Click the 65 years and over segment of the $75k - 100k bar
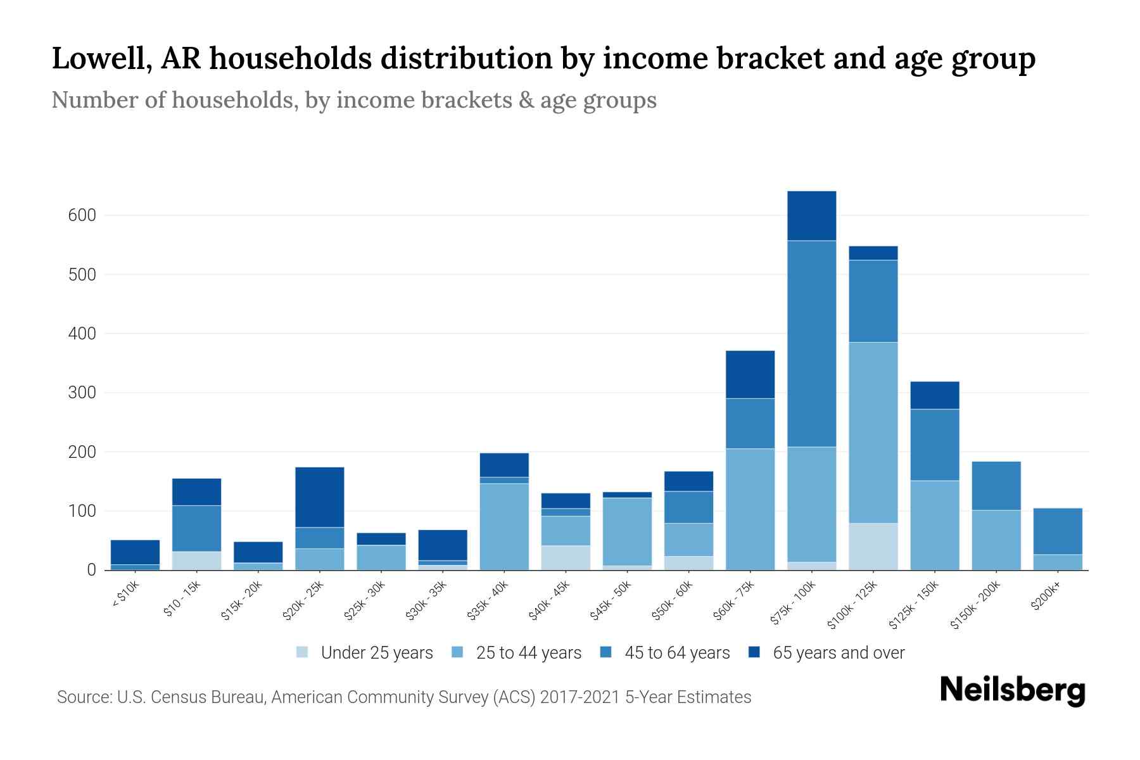(811, 215)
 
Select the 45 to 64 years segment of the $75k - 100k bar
(811, 343)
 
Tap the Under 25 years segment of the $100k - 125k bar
(873, 546)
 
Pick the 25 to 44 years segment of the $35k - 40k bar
(504, 526)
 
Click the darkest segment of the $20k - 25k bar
(319, 497)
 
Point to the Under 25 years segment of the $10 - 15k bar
(196, 560)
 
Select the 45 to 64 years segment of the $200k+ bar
(1057, 531)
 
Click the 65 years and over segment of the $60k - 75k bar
(750, 374)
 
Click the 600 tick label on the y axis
(82, 215)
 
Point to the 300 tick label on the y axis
(82, 393)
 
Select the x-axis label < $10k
(125, 595)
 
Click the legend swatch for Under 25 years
(303, 652)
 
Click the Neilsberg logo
(1012, 690)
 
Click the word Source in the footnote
(83, 697)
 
